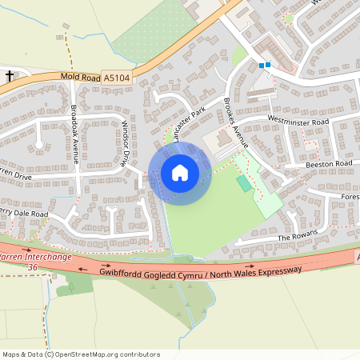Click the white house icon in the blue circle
pos(179,173)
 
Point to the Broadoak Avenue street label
pos(74,135)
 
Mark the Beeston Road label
pos(329,163)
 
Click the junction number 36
pos(32,267)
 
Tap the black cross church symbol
pos(10,76)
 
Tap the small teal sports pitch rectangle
pos(243,183)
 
